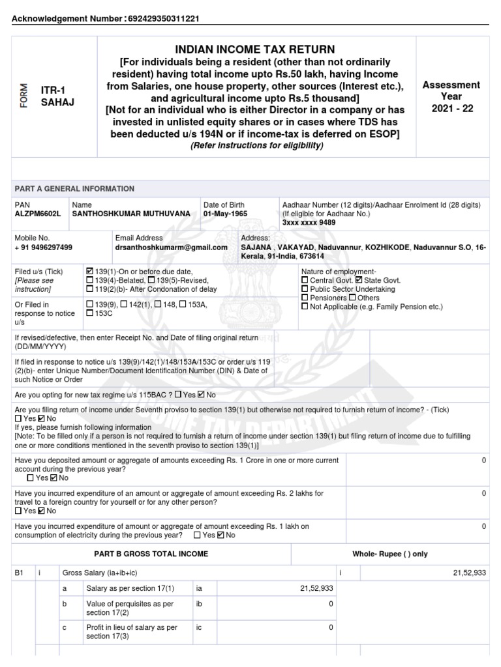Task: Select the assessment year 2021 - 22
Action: coord(451,108)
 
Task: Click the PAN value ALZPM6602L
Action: coord(37,214)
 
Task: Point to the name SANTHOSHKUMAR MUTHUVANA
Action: coord(132,214)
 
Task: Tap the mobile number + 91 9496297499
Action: coord(44,248)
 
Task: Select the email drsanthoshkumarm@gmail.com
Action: coord(172,248)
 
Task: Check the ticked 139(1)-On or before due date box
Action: coord(89,271)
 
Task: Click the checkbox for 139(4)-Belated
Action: coord(89,280)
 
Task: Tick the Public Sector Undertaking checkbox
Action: coord(305,289)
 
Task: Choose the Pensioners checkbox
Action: coord(305,298)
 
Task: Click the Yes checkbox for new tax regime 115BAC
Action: coord(178,395)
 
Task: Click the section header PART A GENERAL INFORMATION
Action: coord(74,189)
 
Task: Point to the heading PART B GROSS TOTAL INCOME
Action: coord(151,554)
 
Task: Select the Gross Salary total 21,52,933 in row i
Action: coord(469,573)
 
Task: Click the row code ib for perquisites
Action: coord(200,604)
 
